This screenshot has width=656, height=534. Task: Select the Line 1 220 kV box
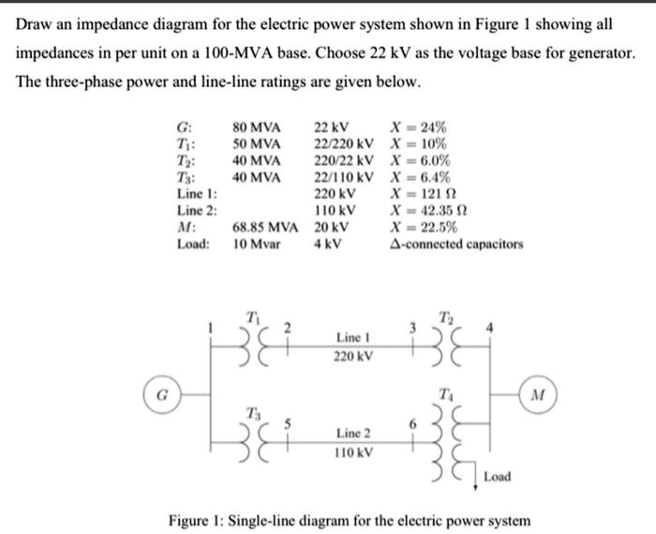tap(353, 346)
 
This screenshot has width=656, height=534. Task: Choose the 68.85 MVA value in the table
tap(265, 227)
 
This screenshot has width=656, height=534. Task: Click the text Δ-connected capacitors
tap(456, 245)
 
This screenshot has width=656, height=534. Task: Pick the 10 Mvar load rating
tap(257, 245)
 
